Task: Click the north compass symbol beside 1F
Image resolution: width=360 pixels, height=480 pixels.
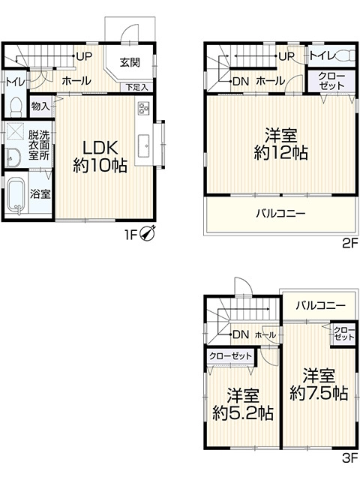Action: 148,233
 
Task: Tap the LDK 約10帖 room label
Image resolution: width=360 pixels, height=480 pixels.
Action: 100,157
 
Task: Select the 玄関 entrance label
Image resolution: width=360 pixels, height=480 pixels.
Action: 130,62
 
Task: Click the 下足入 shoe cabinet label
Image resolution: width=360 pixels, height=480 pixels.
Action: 137,87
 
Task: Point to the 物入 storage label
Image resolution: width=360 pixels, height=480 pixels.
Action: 40,106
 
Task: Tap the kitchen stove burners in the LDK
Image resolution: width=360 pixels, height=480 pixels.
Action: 143,108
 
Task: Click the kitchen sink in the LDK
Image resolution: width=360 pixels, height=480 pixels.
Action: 143,145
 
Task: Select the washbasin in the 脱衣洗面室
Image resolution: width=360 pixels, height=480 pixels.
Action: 13,158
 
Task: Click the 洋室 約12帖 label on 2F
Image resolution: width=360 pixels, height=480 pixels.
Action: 280,145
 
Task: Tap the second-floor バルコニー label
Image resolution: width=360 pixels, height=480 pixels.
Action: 280,213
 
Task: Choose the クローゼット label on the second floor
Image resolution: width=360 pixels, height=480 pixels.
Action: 331,81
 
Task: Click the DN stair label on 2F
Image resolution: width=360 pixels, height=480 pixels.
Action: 241,81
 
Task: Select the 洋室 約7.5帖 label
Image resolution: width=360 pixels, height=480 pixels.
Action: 319,385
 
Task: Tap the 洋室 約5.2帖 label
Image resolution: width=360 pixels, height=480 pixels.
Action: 243,404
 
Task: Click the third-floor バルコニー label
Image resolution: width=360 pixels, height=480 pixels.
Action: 321,305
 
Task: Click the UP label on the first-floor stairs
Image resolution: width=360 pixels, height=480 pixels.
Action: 84,56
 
